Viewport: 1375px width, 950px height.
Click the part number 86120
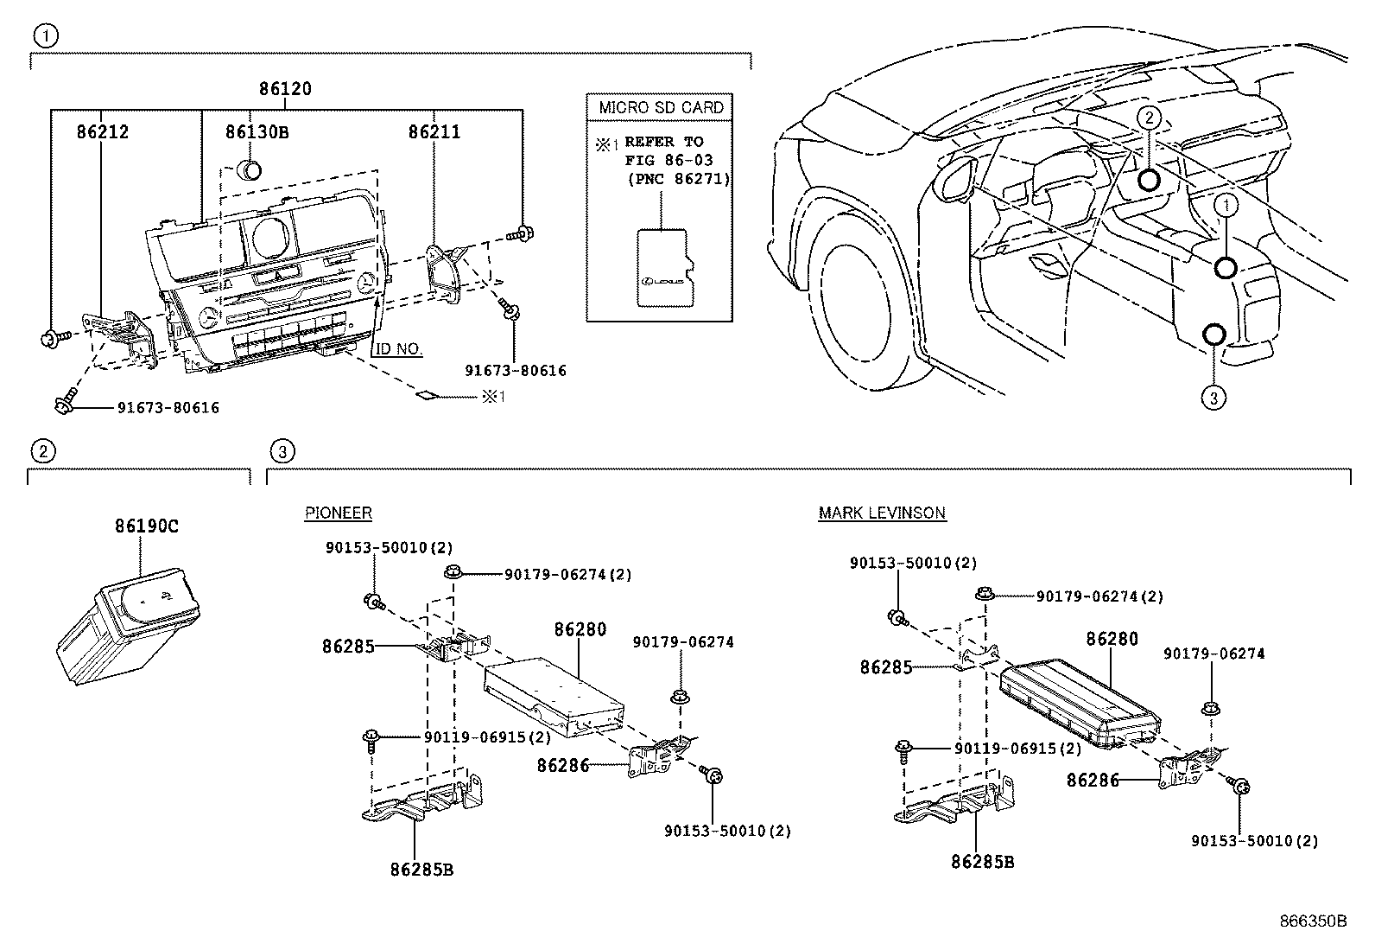point(285,89)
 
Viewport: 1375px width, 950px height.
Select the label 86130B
point(257,132)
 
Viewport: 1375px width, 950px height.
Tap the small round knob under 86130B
point(250,169)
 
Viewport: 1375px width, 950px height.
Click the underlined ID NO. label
point(398,349)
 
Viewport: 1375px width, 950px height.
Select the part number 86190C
point(147,526)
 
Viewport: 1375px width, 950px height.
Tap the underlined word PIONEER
point(338,513)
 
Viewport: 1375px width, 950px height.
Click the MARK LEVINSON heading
point(882,513)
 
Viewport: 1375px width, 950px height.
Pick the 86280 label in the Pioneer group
point(580,630)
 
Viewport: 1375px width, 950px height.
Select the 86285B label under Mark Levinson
point(982,862)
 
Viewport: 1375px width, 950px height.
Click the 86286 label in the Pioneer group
point(562,765)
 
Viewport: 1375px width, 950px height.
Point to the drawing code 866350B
point(1313,921)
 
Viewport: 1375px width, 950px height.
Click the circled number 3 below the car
point(1213,398)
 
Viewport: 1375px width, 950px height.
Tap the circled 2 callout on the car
point(1148,118)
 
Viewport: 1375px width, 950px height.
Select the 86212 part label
point(102,132)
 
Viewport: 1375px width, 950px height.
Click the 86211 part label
point(434,132)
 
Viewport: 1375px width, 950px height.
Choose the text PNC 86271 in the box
point(681,179)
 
